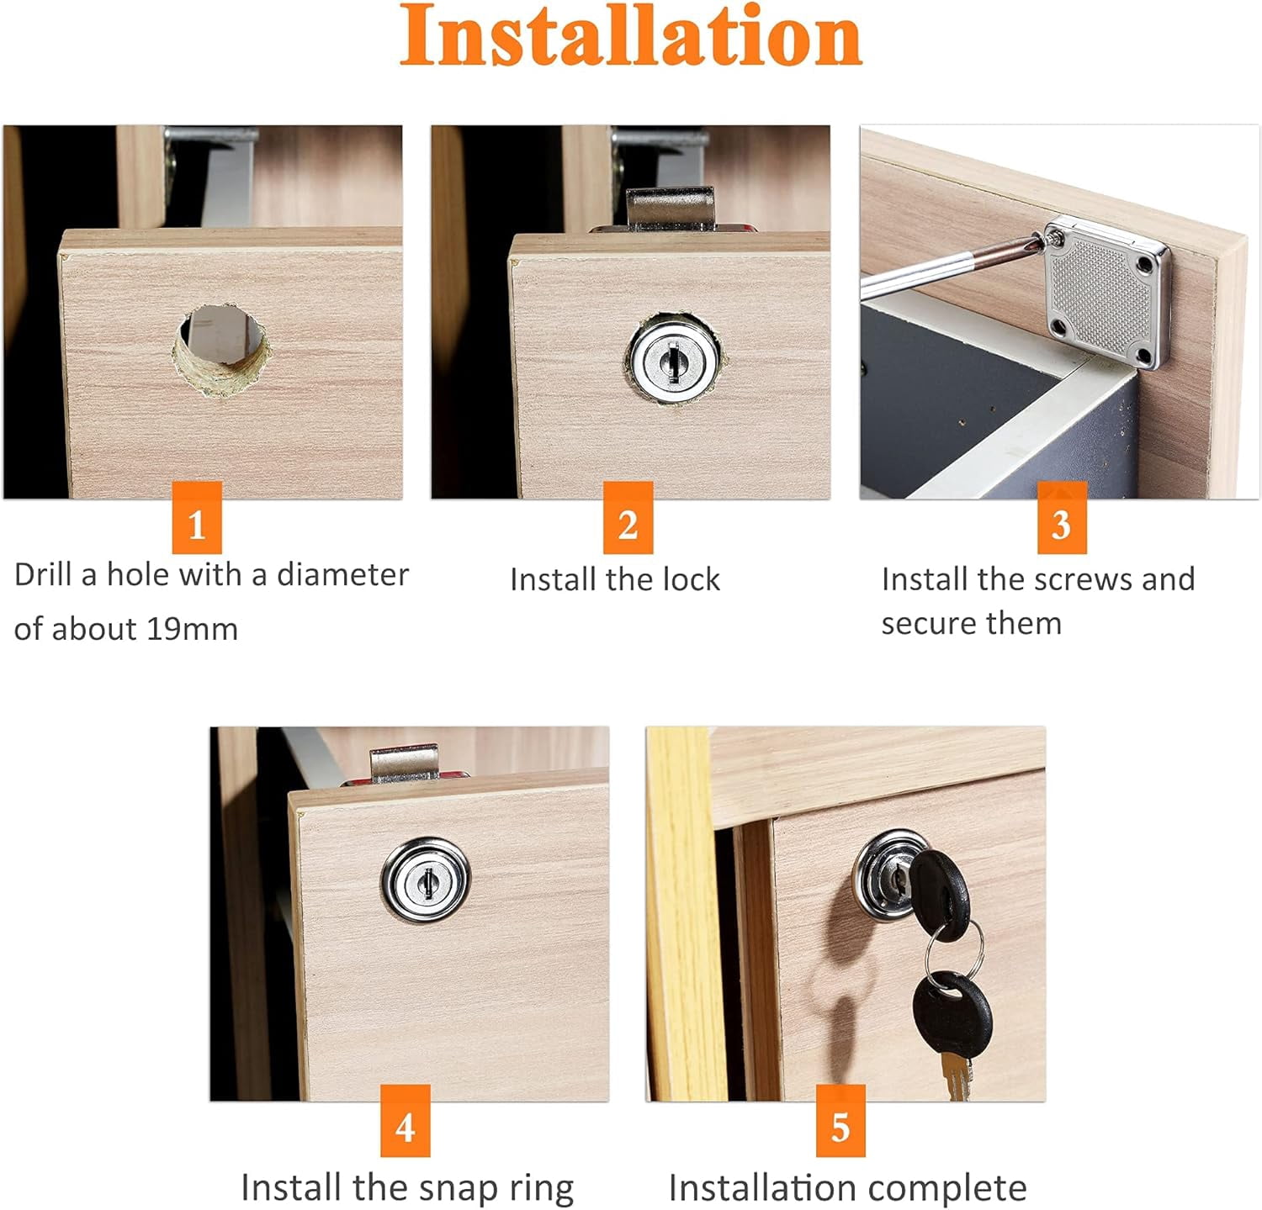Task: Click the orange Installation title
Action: tap(630, 35)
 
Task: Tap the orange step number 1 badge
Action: tap(197, 517)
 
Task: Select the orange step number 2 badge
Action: tap(628, 517)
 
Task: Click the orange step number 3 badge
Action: tap(1062, 517)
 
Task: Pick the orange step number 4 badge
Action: tap(405, 1120)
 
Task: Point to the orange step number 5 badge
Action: tap(840, 1120)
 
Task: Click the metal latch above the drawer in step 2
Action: tap(670, 208)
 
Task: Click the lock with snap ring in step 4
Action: tap(426, 880)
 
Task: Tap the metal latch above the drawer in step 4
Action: tap(406, 764)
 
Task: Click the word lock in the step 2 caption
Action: tap(691, 579)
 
